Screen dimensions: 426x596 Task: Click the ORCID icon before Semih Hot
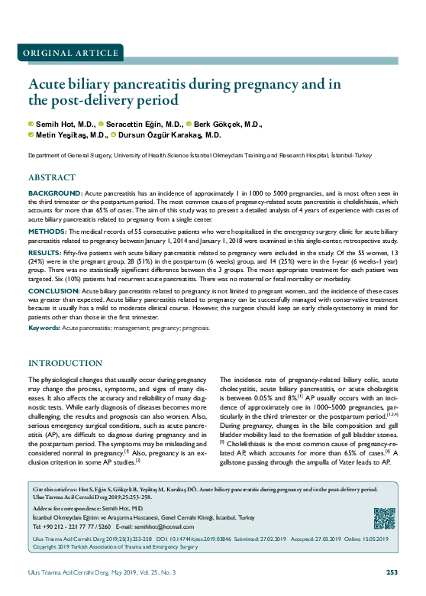[31, 123]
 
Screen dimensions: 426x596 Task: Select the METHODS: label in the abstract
[47, 230]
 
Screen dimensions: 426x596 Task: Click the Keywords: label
[44, 327]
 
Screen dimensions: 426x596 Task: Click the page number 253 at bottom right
[392, 572]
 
